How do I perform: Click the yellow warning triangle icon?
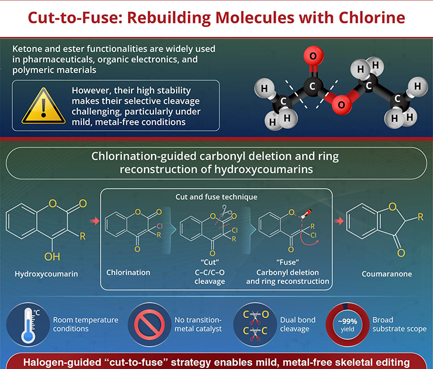[44, 106]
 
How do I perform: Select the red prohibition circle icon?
[149, 324]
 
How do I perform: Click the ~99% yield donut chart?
[348, 324]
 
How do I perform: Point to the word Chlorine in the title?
[372, 18]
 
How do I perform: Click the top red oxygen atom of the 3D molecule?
[313, 56]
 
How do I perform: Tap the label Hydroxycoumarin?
[46, 274]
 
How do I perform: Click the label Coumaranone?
[387, 274]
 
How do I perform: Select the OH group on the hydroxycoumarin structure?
[52, 257]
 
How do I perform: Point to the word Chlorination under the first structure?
[128, 272]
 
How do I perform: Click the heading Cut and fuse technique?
[216, 197]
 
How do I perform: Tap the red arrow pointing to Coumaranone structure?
[339, 221]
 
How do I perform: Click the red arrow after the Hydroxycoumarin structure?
[94, 221]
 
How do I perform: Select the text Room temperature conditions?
[85, 324]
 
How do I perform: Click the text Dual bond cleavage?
[298, 324]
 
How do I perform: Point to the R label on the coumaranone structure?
[420, 217]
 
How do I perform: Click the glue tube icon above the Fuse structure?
[307, 214]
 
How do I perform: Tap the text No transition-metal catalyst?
[198, 324]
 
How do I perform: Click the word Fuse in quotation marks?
[287, 262]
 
